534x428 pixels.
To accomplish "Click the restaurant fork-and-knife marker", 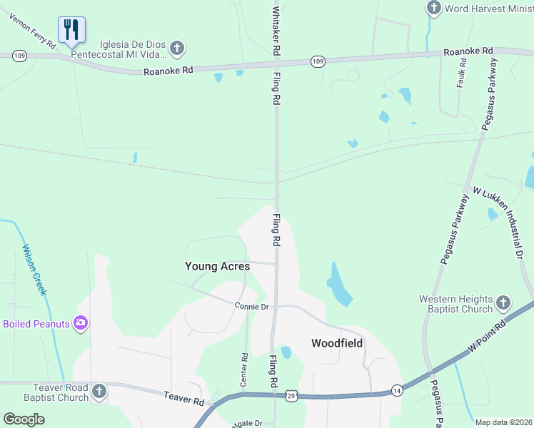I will [x=71, y=30].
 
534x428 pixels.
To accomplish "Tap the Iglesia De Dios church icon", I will [x=177, y=49].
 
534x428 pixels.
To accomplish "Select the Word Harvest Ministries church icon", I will [x=433, y=9].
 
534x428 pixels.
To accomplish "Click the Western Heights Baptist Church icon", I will [x=503, y=303].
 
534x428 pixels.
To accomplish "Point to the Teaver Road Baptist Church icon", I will [x=99, y=391].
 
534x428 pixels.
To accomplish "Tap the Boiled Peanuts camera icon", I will [x=81, y=324].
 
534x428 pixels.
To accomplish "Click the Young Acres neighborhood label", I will [x=218, y=266].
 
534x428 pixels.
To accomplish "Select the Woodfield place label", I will [x=337, y=343].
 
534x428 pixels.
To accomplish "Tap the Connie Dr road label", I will [x=252, y=306].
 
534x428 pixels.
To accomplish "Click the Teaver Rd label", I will [x=183, y=399].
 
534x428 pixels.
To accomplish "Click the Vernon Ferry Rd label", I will [x=33, y=31].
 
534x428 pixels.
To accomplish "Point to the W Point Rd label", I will [x=486, y=334].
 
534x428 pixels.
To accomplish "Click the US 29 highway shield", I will [x=291, y=394].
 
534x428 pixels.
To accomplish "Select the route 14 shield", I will [x=396, y=391].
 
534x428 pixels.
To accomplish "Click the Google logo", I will [x=24, y=419].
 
